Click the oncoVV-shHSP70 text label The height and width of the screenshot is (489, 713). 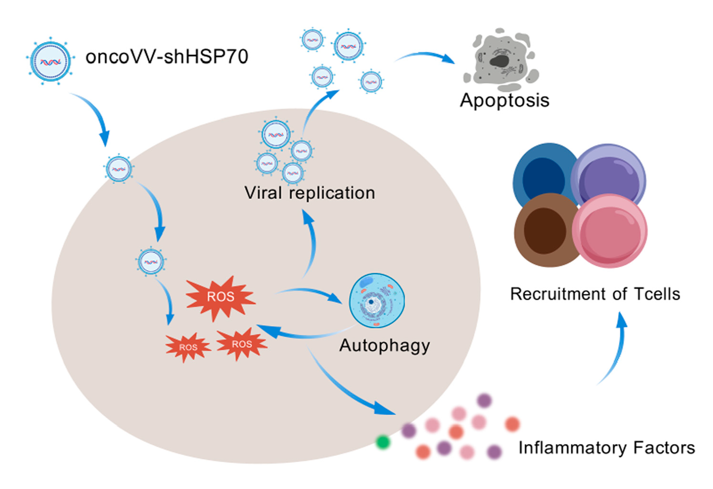pos(167,57)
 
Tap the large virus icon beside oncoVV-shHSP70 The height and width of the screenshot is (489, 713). pos(50,61)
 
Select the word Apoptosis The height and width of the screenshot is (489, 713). pos(504,100)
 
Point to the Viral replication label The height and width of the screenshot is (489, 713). pos(309,193)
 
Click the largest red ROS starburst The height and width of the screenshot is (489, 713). pos(221,297)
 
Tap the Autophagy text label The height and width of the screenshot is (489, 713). pos(384,346)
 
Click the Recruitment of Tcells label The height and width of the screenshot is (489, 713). pos(595,294)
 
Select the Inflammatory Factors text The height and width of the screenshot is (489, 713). pos(606,448)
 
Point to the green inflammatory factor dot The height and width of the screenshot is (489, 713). pos(383,442)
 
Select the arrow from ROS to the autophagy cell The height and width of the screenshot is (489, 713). pos(312,293)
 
